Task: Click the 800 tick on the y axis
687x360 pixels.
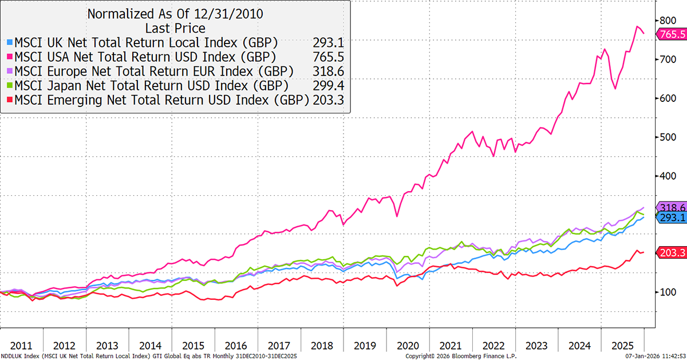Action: (665, 20)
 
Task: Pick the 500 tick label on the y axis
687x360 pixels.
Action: (665, 137)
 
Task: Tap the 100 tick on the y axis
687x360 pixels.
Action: (665, 292)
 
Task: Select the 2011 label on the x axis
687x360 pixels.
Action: (21, 346)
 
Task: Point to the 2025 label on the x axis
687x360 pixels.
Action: (622, 346)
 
